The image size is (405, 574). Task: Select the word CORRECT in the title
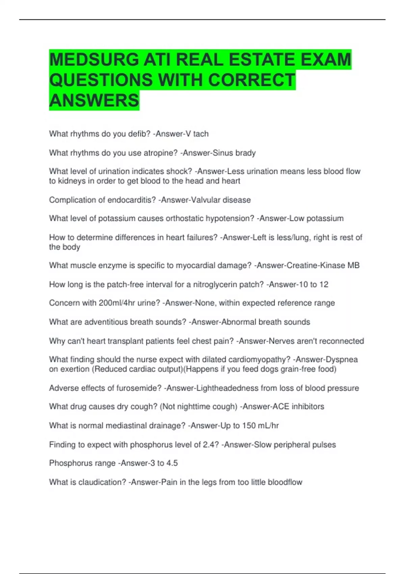pyautogui.click(x=251, y=80)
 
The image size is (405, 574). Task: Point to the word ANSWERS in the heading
pyautogui.click(x=94, y=100)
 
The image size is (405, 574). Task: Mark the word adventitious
pyautogui.click(x=106, y=322)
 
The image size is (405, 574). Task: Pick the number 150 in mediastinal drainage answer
pyautogui.click(x=249, y=426)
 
